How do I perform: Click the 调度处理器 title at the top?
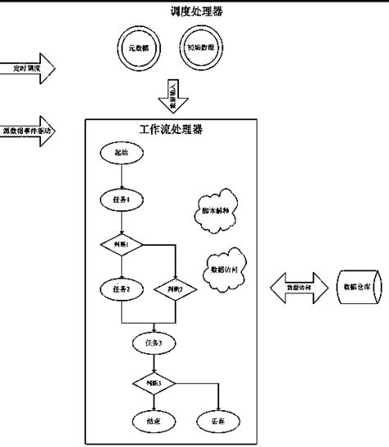[x=194, y=11]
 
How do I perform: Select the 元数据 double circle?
[x=136, y=49]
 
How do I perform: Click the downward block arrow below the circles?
[x=173, y=94]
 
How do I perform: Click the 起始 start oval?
[x=121, y=153]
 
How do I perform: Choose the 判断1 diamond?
[x=121, y=244]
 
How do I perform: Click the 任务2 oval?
[x=121, y=288]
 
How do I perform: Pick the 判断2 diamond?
[x=176, y=289]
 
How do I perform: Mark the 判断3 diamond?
[x=153, y=383]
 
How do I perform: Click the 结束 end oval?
[x=153, y=421]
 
